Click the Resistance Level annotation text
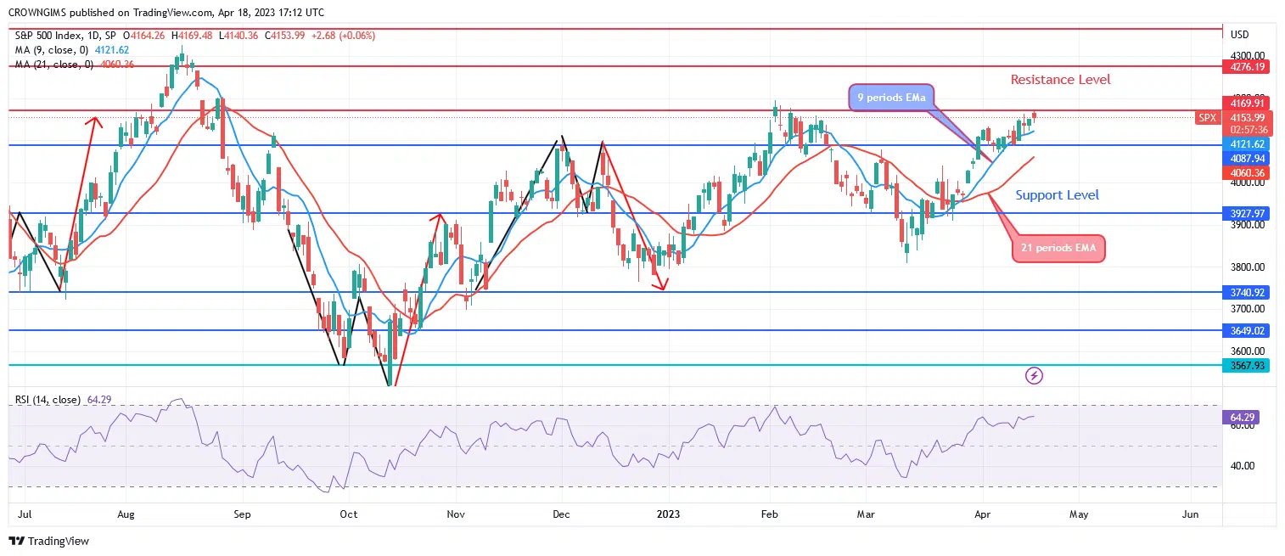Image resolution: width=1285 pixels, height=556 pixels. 1060,80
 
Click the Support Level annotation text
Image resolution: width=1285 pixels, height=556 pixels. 1057,195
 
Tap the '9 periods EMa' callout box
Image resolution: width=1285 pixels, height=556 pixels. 890,98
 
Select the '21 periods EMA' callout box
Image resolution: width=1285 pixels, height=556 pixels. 1058,248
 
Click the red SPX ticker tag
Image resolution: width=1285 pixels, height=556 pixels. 1207,118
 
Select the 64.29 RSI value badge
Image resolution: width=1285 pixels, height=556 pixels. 1243,418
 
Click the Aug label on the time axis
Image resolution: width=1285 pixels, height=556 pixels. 126,514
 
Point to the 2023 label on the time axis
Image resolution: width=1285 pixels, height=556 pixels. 668,514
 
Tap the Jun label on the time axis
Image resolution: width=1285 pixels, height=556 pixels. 1190,514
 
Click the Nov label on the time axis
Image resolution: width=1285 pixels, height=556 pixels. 456,514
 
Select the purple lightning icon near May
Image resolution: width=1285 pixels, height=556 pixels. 1034,374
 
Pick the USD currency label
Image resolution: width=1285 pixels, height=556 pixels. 1239,35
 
